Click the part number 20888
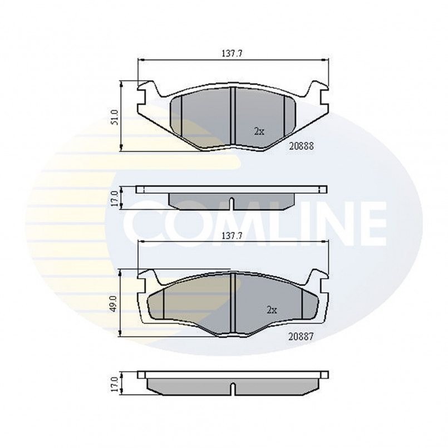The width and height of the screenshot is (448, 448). [x=302, y=146]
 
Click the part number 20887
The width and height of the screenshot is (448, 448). [x=301, y=337]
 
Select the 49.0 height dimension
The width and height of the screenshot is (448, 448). [x=114, y=304]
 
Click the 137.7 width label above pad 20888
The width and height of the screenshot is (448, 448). [x=232, y=53]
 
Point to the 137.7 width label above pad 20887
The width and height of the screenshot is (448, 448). [x=232, y=236]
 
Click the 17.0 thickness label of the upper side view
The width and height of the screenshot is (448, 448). [x=115, y=199]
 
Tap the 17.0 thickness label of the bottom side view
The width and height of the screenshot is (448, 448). [x=115, y=385]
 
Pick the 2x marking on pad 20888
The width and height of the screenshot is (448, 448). [x=259, y=131]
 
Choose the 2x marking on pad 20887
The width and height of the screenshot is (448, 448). [x=272, y=310]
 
